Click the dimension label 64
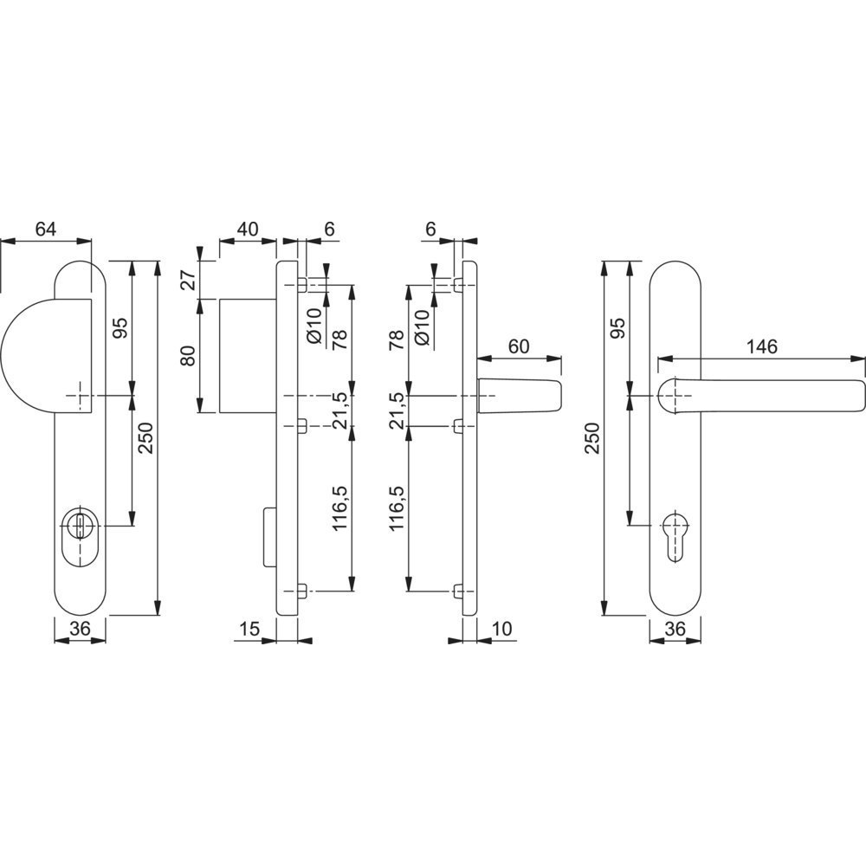pyautogui.click(x=46, y=229)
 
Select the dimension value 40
pyautogui.click(x=248, y=229)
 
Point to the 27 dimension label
pyautogui.click(x=189, y=281)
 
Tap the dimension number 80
pyautogui.click(x=189, y=355)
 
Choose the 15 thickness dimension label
pyautogui.click(x=249, y=629)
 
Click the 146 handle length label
pyautogui.click(x=761, y=346)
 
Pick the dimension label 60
pyautogui.click(x=518, y=346)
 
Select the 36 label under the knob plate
pyautogui.click(x=80, y=629)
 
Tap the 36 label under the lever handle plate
pyautogui.click(x=675, y=629)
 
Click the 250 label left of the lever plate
pyautogui.click(x=592, y=437)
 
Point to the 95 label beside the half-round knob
pyautogui.click(x=120, y=328)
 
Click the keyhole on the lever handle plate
pyautogui.click(x=675, y=537)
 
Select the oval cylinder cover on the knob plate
pyautogui.click(x=80, y=536)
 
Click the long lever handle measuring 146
pyautogui.click(x=761, y=396)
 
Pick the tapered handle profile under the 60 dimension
pyautogui.click(x=519, y=396)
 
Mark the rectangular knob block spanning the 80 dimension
pyautogui.click(x=248, y=356)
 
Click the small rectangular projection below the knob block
pyautogui.click(x=269, y=536)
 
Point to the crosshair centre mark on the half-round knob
pyautogui.click(x=79, y=396)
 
